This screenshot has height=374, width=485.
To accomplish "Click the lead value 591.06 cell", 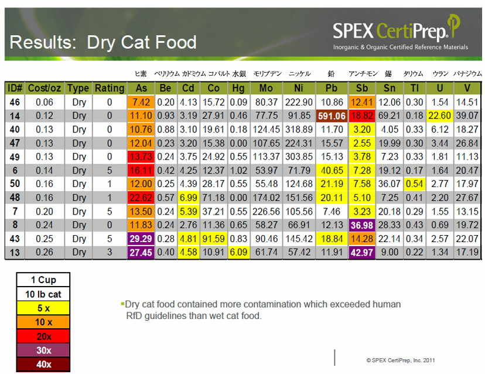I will click(x=332, y=116).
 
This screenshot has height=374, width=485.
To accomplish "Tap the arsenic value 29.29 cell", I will click(x=141, y=239).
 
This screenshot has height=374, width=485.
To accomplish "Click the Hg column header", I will click(x=239, y=88).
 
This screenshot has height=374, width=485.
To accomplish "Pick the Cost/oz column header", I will click(x=45, y=88).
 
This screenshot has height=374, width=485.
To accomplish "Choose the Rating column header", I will click(x=110, y=88).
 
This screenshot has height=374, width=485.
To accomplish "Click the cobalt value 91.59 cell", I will click(x=215, y=239).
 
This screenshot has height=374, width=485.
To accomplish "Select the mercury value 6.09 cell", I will click(x=239, y=253).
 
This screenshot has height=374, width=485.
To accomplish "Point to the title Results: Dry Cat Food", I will click(x=103, y=42).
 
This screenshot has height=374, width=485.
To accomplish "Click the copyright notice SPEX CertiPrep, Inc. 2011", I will click(x=400, y=360).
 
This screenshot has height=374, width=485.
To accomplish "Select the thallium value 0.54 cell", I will click(x=414, y=184).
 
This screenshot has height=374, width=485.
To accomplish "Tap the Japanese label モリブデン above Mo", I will click(x=267, y=74).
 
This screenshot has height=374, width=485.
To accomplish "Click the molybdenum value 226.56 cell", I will click(x=267, y=212).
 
